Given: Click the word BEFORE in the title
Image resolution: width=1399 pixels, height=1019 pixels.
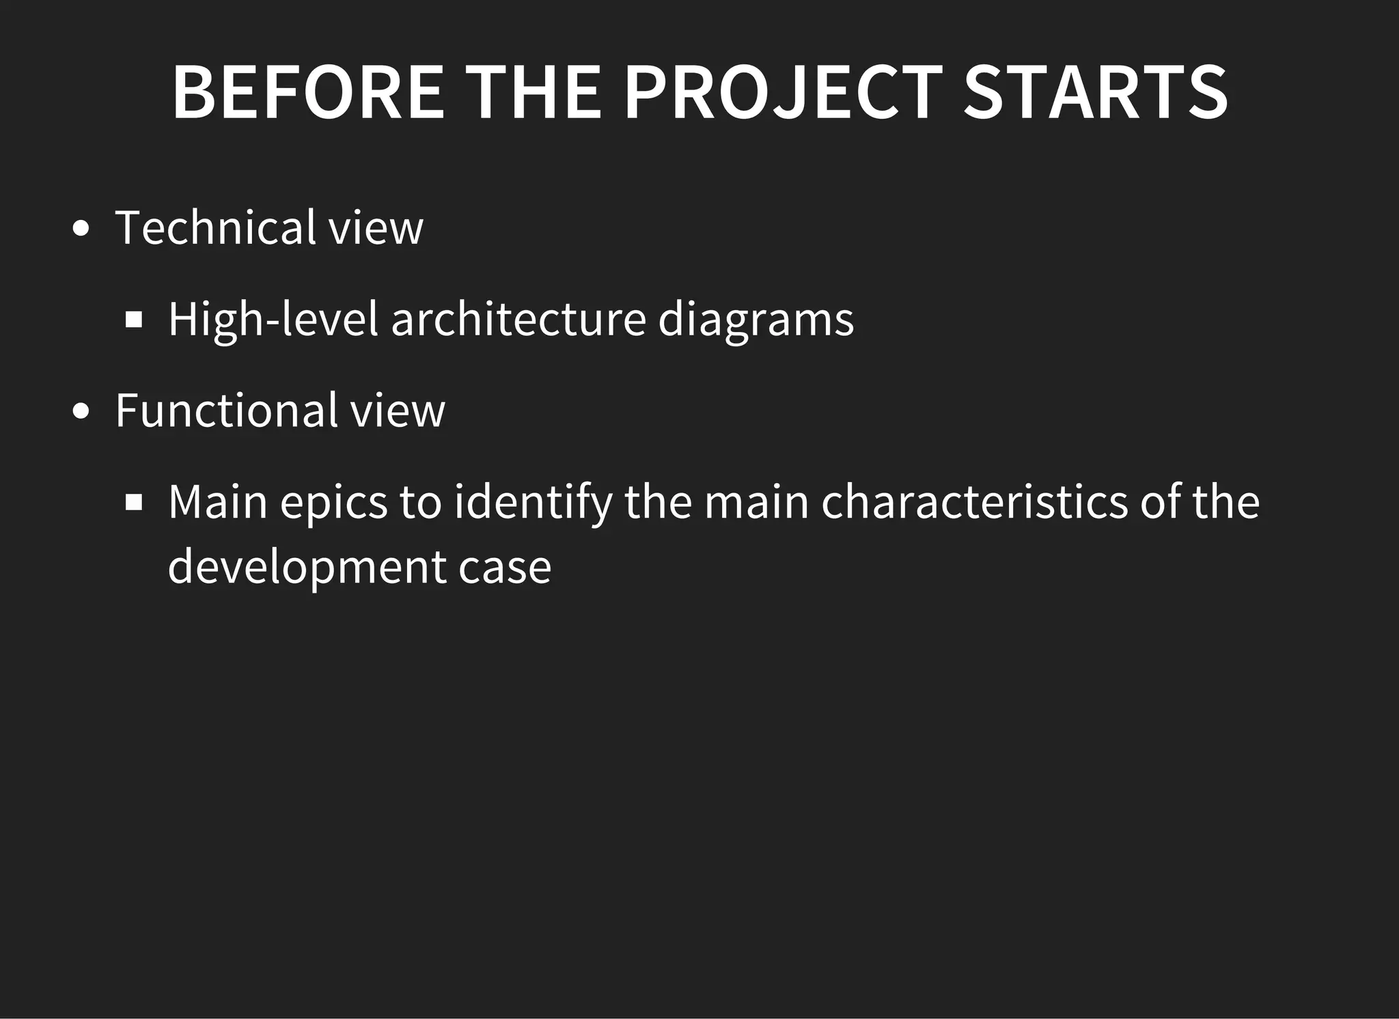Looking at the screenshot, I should tap(308, 93).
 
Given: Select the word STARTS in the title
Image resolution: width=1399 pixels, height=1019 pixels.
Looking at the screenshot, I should tap(1095, 93).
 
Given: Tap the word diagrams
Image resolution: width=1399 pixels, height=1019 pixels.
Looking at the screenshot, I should tap(756, 319).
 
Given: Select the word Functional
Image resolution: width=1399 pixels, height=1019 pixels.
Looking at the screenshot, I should tap(227, 410).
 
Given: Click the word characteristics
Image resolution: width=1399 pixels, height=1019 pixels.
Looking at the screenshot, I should tap(974, 502).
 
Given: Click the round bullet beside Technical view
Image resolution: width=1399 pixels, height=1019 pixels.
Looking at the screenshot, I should tap(81, 229).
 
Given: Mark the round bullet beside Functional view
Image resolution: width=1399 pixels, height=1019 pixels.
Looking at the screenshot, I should tap(81, 412).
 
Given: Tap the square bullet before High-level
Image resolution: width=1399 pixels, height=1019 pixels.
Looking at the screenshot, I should tap(134, 320).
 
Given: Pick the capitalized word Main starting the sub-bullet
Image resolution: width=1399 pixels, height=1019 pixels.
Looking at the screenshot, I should tap(218, 502).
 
